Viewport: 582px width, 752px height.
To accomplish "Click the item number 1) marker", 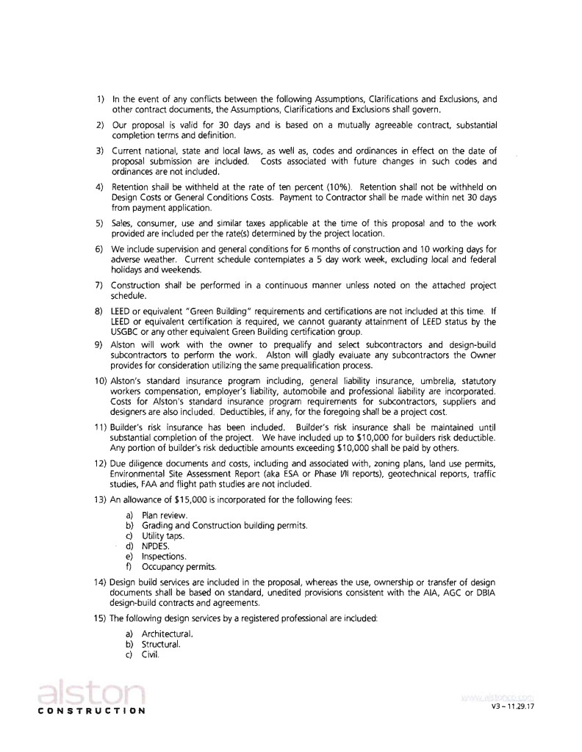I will (101, 98).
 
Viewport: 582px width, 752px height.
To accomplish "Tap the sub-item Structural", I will (162, 644).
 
